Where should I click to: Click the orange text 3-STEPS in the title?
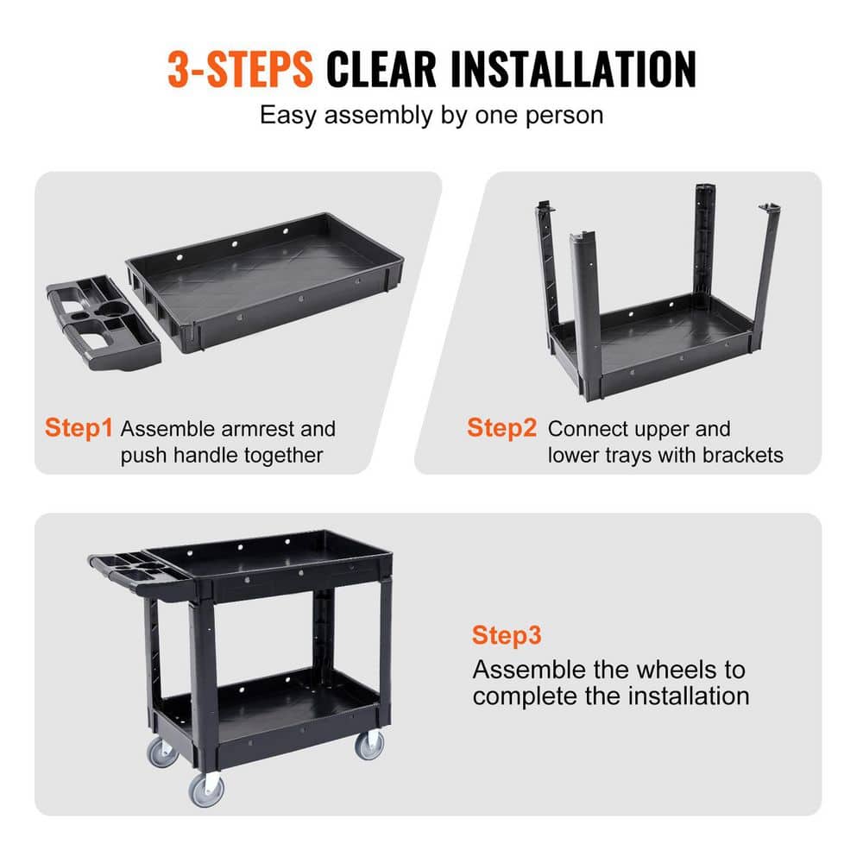(240, 69)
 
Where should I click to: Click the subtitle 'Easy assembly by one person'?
(431, 115)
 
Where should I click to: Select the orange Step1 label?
(79, 428)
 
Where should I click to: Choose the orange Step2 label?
(501, 428)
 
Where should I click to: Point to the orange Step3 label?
(507, 636)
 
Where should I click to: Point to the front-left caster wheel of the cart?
(205, 787)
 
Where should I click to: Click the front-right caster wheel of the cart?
(369, 744)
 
